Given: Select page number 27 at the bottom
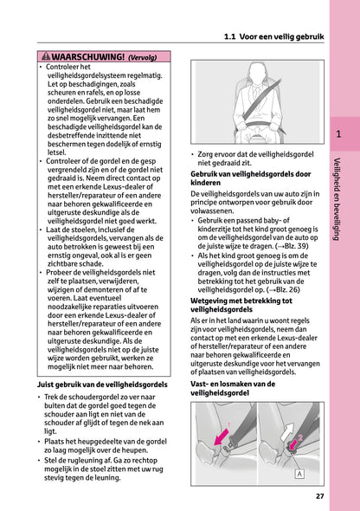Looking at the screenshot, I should click(x=319, y=496).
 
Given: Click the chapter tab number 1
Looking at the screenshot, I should click(x=339, y=134).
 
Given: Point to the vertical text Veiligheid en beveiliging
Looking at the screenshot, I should click(x=338, y=200).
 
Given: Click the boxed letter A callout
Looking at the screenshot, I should click(x=299, y=474).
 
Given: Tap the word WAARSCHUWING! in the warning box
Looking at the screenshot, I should click(x=87, y=57).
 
